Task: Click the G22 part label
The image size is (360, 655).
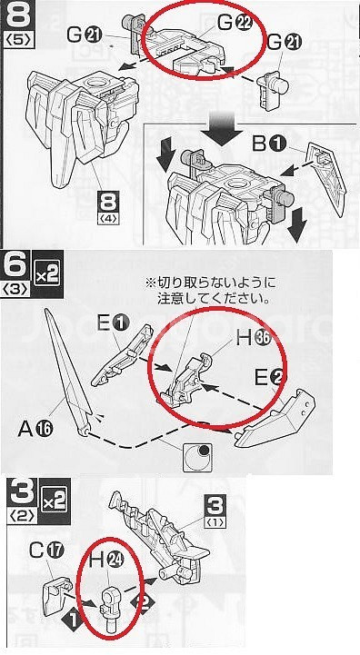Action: [x=235, y=24]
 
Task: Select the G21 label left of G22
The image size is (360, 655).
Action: [x=85, y=35]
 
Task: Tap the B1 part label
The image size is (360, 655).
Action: [x=269, y=144]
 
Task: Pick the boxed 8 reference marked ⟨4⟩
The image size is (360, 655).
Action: [x=108, y=209]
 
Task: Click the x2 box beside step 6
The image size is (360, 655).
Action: [x=47, y=274]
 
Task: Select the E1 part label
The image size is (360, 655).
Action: [x=115, y=323]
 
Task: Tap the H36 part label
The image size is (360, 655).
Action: [x=254, y=338]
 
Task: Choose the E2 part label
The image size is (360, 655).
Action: [x=272, y=379]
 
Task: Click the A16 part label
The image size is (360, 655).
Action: [x=35, y=429]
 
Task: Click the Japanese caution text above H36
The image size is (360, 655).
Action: [x=211, y=292]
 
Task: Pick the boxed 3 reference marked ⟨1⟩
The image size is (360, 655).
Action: [x=215, y=511]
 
